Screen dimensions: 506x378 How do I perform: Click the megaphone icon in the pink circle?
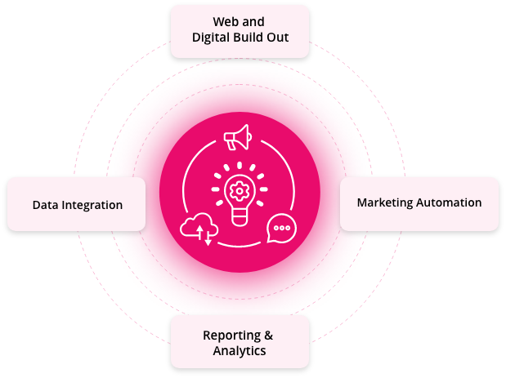coord(238,138)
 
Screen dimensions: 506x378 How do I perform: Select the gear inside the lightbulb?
coord(240,191)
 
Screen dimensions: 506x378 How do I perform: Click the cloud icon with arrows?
coord(199,228)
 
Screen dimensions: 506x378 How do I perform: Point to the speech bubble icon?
coord(281,228)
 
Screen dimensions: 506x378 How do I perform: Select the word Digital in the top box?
coord(211,38)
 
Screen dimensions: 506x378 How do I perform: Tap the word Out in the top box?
coord(278,38)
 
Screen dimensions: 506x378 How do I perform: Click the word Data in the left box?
coord(45,205)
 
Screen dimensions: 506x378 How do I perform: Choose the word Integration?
coord(92,206)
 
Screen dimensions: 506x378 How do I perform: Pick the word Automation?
coord(449,202)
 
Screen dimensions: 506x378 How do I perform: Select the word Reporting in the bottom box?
coord(231,336)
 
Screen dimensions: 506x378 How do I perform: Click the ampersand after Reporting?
coord(268,336)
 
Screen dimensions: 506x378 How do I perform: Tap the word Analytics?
coord(240,351)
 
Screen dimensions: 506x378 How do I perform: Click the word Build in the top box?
coord(248,37)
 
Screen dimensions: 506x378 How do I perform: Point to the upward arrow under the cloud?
coord(199,232)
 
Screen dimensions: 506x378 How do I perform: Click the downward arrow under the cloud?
coord(208,238)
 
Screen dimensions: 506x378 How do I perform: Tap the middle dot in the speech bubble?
coord(282,228)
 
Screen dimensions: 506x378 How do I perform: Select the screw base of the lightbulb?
coord(240,218)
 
